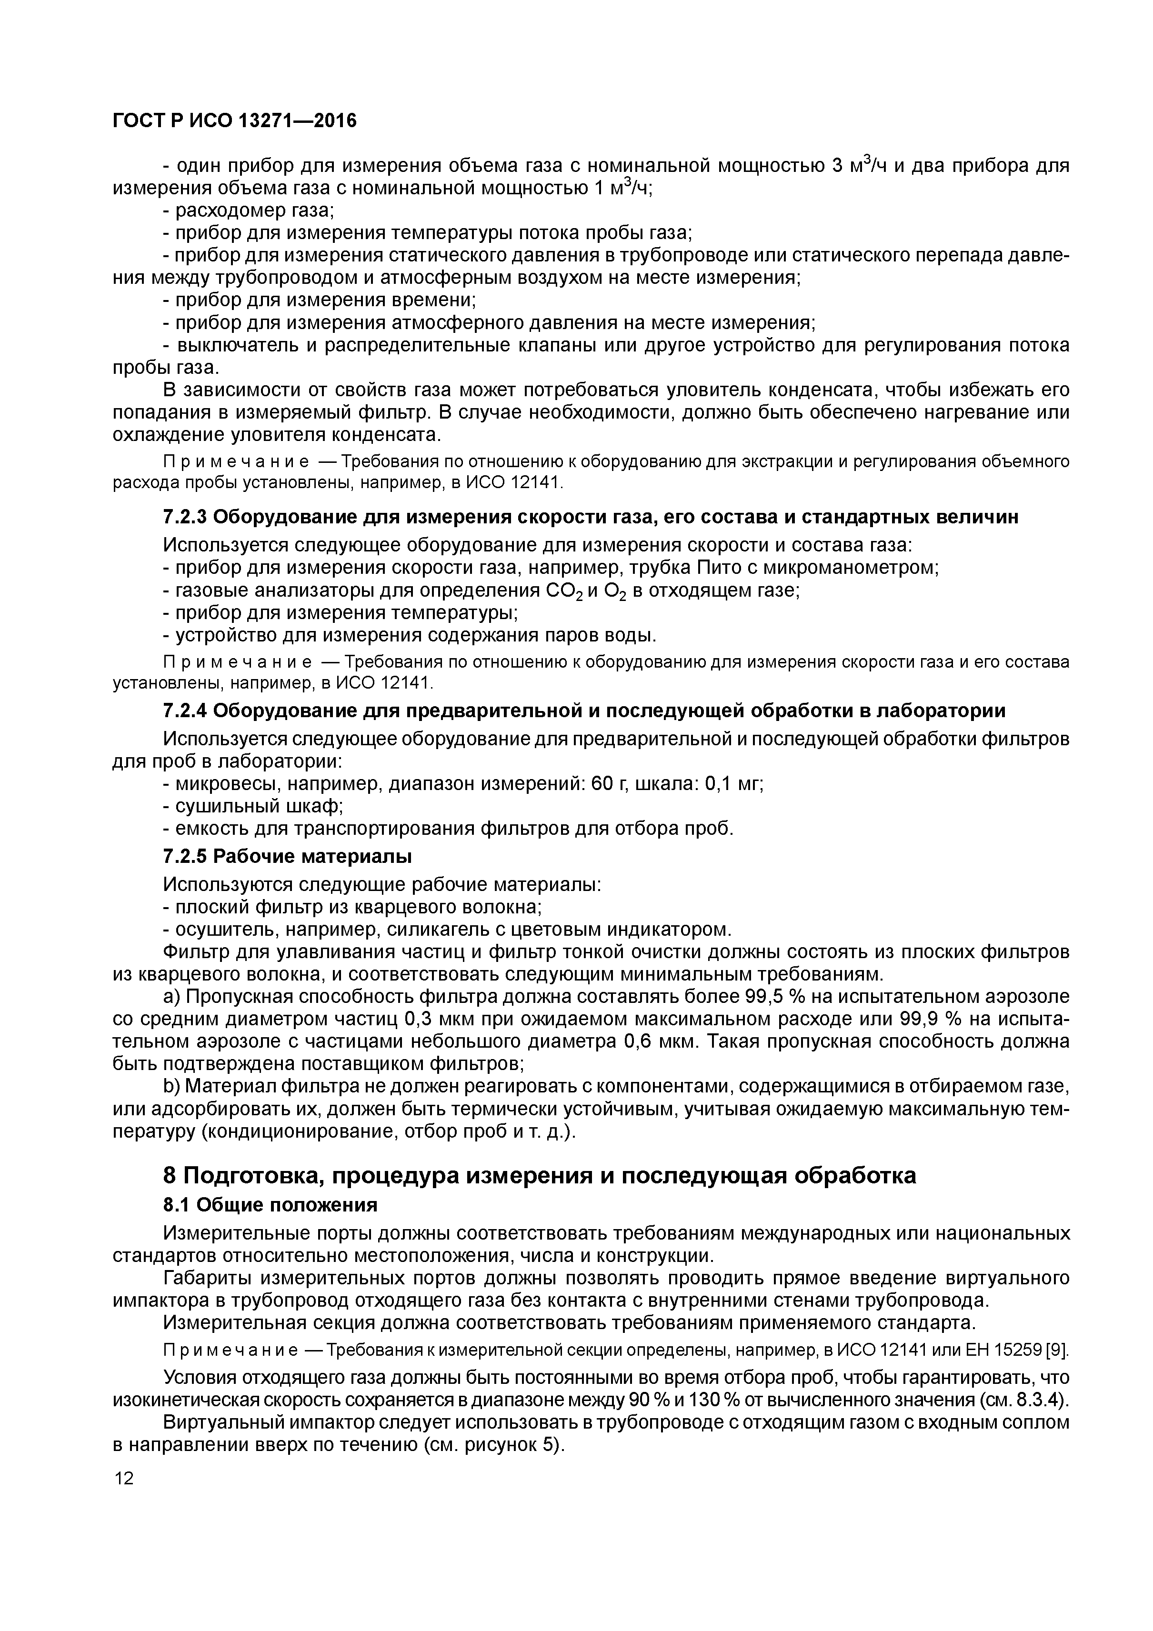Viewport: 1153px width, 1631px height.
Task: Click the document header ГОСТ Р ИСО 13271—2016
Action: click(x=234, y=121)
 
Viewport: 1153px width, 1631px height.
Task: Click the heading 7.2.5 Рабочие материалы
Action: click(x=287, y=857)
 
